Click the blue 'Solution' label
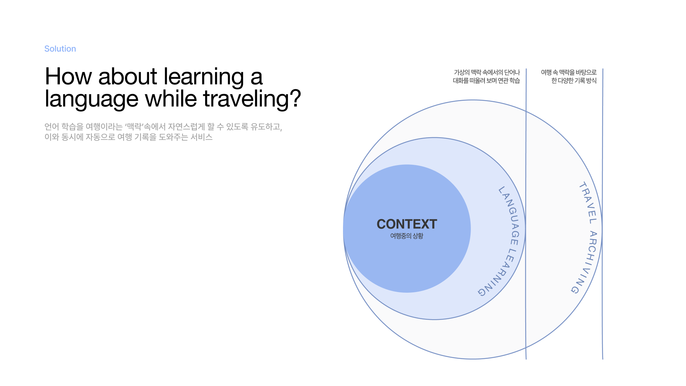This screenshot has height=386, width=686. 60,49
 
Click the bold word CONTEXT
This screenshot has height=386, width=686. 407,224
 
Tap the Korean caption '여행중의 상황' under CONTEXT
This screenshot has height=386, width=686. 407,236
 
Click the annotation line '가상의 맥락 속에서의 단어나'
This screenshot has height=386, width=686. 487,72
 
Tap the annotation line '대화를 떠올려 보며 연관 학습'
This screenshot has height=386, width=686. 486,81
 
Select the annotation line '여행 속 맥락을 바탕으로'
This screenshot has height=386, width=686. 569,72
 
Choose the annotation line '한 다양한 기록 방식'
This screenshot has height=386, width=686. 574,81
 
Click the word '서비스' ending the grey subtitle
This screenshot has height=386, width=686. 202,137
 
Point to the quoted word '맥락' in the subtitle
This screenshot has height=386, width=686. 134,127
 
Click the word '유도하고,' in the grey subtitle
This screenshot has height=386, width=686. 266,127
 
